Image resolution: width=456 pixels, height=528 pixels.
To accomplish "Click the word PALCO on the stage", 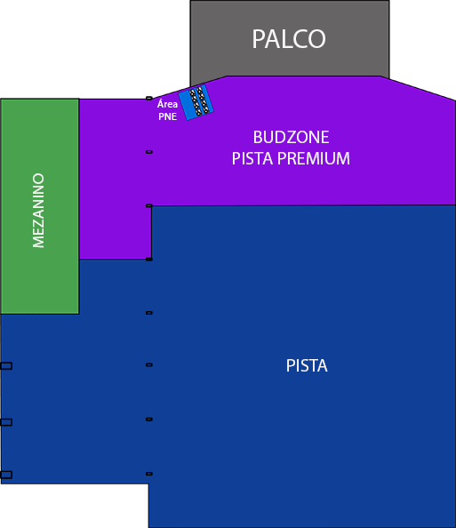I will (289, 39).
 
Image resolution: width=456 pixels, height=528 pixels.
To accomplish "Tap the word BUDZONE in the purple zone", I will (291, 138).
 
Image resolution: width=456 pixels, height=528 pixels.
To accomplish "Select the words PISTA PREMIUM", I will (291, 159).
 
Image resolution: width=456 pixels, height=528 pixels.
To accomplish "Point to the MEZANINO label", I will (38, 210).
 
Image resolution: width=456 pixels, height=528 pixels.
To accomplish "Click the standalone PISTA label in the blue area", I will (307, 365).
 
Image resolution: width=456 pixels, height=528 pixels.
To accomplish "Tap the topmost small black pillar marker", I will (149, 98).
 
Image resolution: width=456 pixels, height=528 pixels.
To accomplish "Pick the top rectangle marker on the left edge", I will (6, 366).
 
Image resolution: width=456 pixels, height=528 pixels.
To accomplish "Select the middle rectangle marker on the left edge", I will (6, 422).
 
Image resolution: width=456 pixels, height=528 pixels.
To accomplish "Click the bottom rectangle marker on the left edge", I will (6, 475).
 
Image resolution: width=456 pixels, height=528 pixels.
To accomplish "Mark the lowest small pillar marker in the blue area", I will (149, 474).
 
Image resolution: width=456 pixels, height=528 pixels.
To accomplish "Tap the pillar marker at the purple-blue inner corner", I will (149, 206).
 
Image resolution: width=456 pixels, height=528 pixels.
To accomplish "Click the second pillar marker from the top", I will (149, 152).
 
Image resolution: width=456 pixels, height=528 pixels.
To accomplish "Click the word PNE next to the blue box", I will (166, 116).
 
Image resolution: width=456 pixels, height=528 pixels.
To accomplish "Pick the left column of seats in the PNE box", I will (192, 103).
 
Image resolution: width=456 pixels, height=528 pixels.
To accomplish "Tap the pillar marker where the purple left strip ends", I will (149, 260).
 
